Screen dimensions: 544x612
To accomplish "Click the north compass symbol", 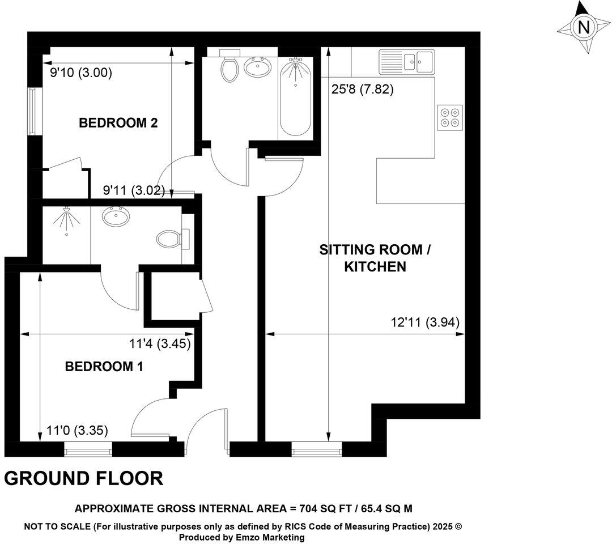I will click(583, 27).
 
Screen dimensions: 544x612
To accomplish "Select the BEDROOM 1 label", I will click(104, 367).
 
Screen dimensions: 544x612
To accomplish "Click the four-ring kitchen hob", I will click(450, 116).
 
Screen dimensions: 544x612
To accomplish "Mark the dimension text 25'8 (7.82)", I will click(363, 90).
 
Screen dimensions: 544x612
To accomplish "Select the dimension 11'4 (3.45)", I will click(160, 343).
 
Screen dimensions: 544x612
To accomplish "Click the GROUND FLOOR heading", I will click(84, 478).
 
